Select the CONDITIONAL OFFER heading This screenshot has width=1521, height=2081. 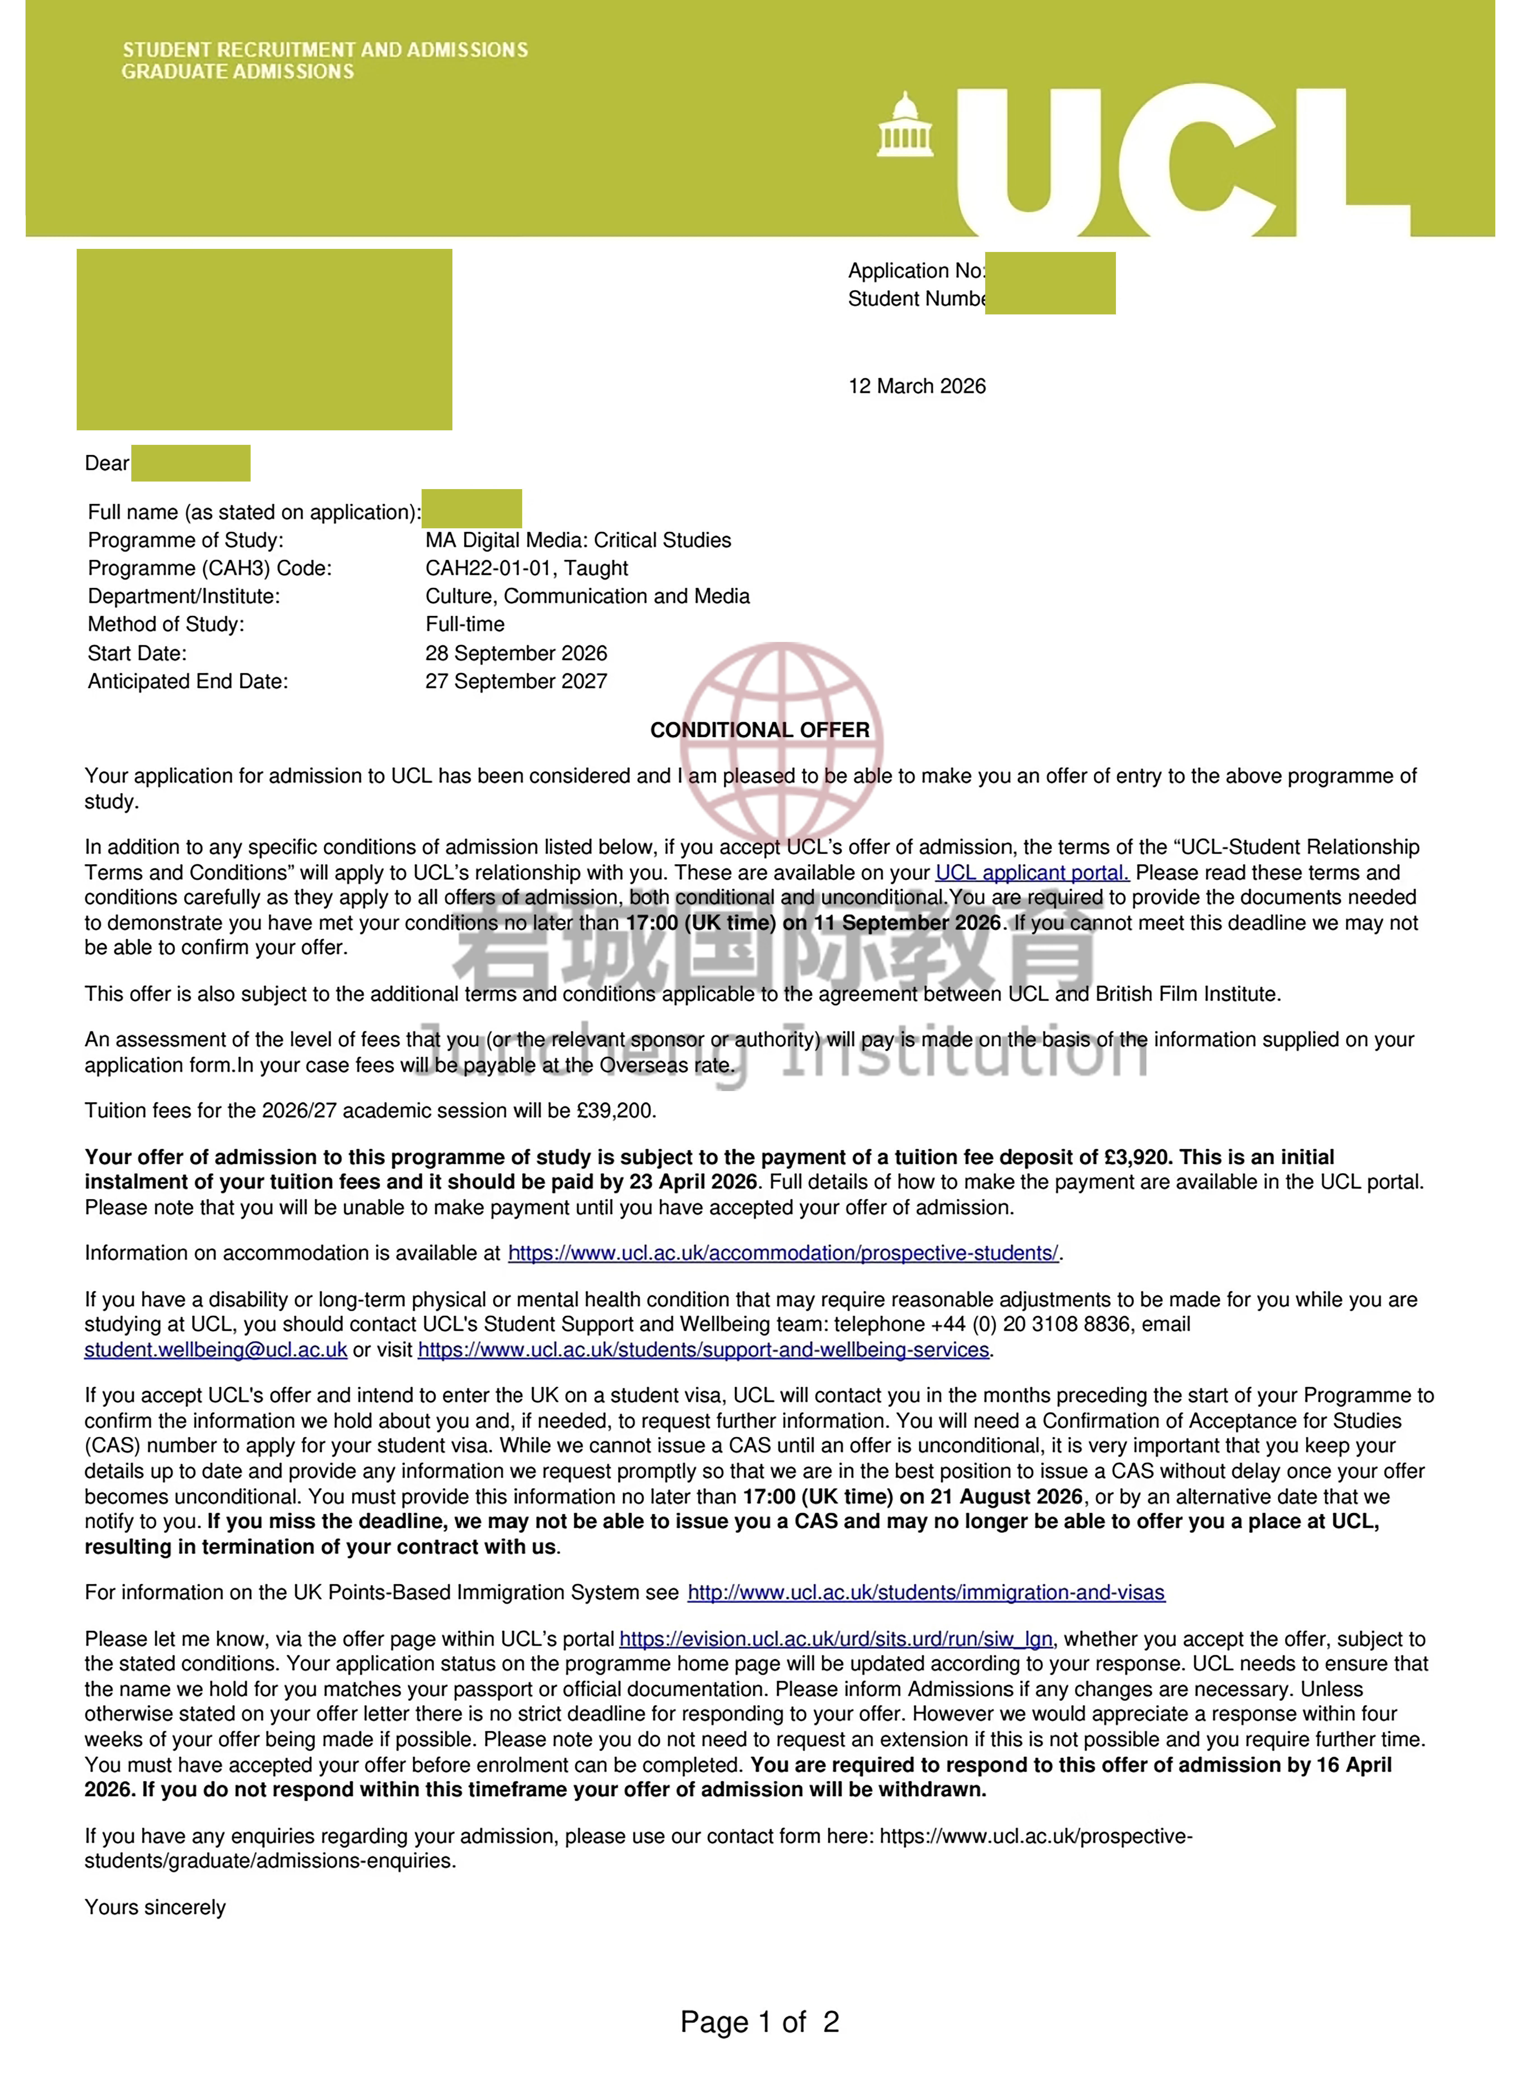tap(760, 730)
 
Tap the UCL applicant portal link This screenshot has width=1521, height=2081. tap(1031, 873)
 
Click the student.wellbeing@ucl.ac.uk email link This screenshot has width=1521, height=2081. tap(216, 1350)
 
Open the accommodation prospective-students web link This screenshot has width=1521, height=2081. tap(782, 1253)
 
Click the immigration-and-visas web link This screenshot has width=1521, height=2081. tap(925, 1593)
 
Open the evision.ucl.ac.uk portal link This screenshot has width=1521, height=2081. tap(835, 1639)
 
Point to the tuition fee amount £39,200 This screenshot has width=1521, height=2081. tap(615, 1110)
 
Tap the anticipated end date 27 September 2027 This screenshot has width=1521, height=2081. tap(516, 681)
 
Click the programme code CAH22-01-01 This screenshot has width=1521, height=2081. tap(488, 568)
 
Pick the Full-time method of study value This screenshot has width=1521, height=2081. tap(465, 624)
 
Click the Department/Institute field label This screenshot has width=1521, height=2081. tap(184, 597)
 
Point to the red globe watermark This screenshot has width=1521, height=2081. tap(782, 737)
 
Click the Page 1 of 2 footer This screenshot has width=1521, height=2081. tap(760, 2022)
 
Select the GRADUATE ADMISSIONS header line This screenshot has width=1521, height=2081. tap(237, 72)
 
